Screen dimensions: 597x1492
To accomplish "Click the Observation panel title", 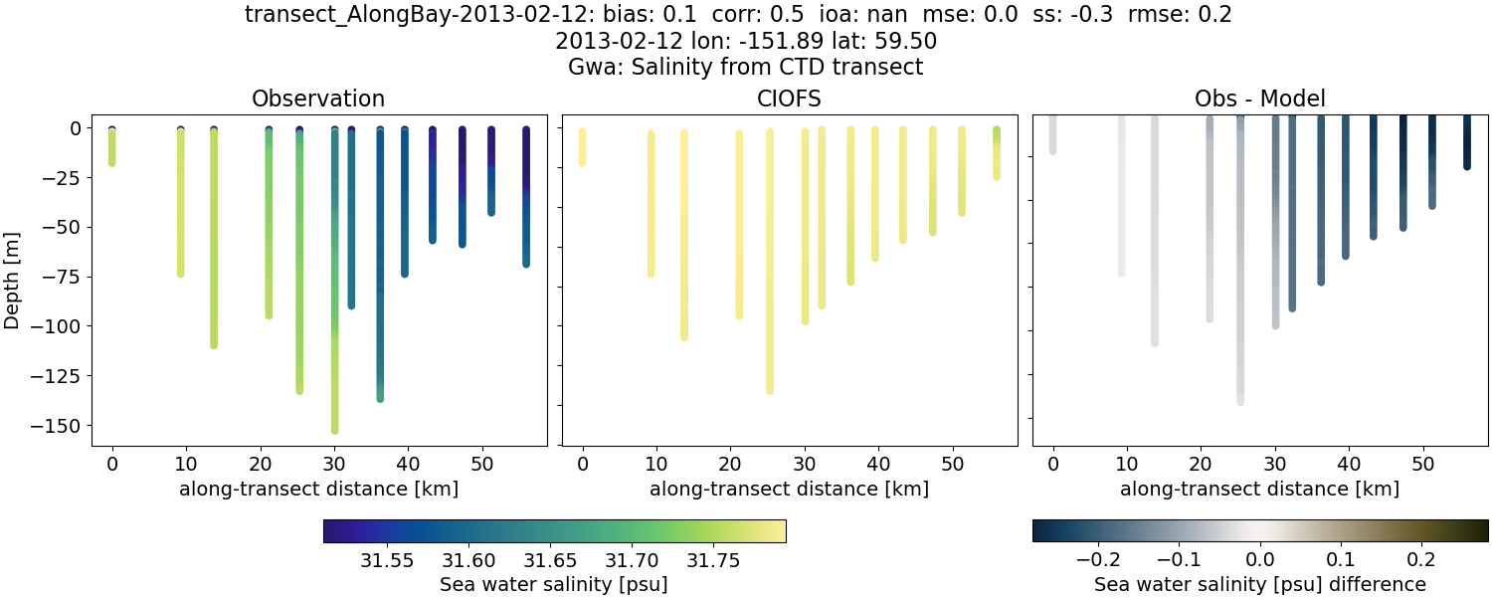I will [x=317, y=99].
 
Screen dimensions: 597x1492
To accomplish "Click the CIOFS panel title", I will [x=789, y=99].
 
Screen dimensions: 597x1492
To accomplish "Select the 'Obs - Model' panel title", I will [x=1259, y=99].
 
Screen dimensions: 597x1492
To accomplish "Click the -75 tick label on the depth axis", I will [x=71, y=277].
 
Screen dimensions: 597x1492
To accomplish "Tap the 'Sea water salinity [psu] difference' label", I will [x=1259, y=584].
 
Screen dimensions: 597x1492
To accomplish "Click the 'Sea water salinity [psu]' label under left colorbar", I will [x=553, y=584].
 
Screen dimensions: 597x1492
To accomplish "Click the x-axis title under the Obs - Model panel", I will [x=1259, y=489].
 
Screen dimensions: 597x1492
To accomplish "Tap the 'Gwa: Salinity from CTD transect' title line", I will [x=745, y=68].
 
